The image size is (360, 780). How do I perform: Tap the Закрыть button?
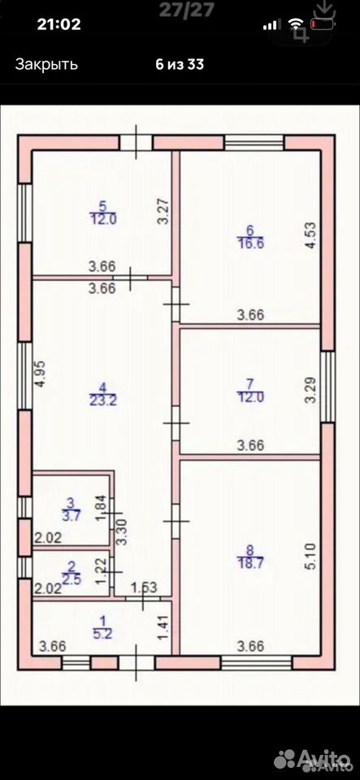pos(46,64)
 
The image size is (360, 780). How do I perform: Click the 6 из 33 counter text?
pos(180,64)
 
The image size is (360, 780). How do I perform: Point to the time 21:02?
pos(59,24)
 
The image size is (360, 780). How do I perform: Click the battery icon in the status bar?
pos(323,24)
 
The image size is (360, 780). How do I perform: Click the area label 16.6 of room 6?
pos(250,242)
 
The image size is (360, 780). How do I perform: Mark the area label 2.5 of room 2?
pos(72,576)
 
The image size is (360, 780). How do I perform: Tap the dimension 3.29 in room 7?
pos(310,392)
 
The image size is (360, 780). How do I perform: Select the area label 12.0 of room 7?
pos(250,396)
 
